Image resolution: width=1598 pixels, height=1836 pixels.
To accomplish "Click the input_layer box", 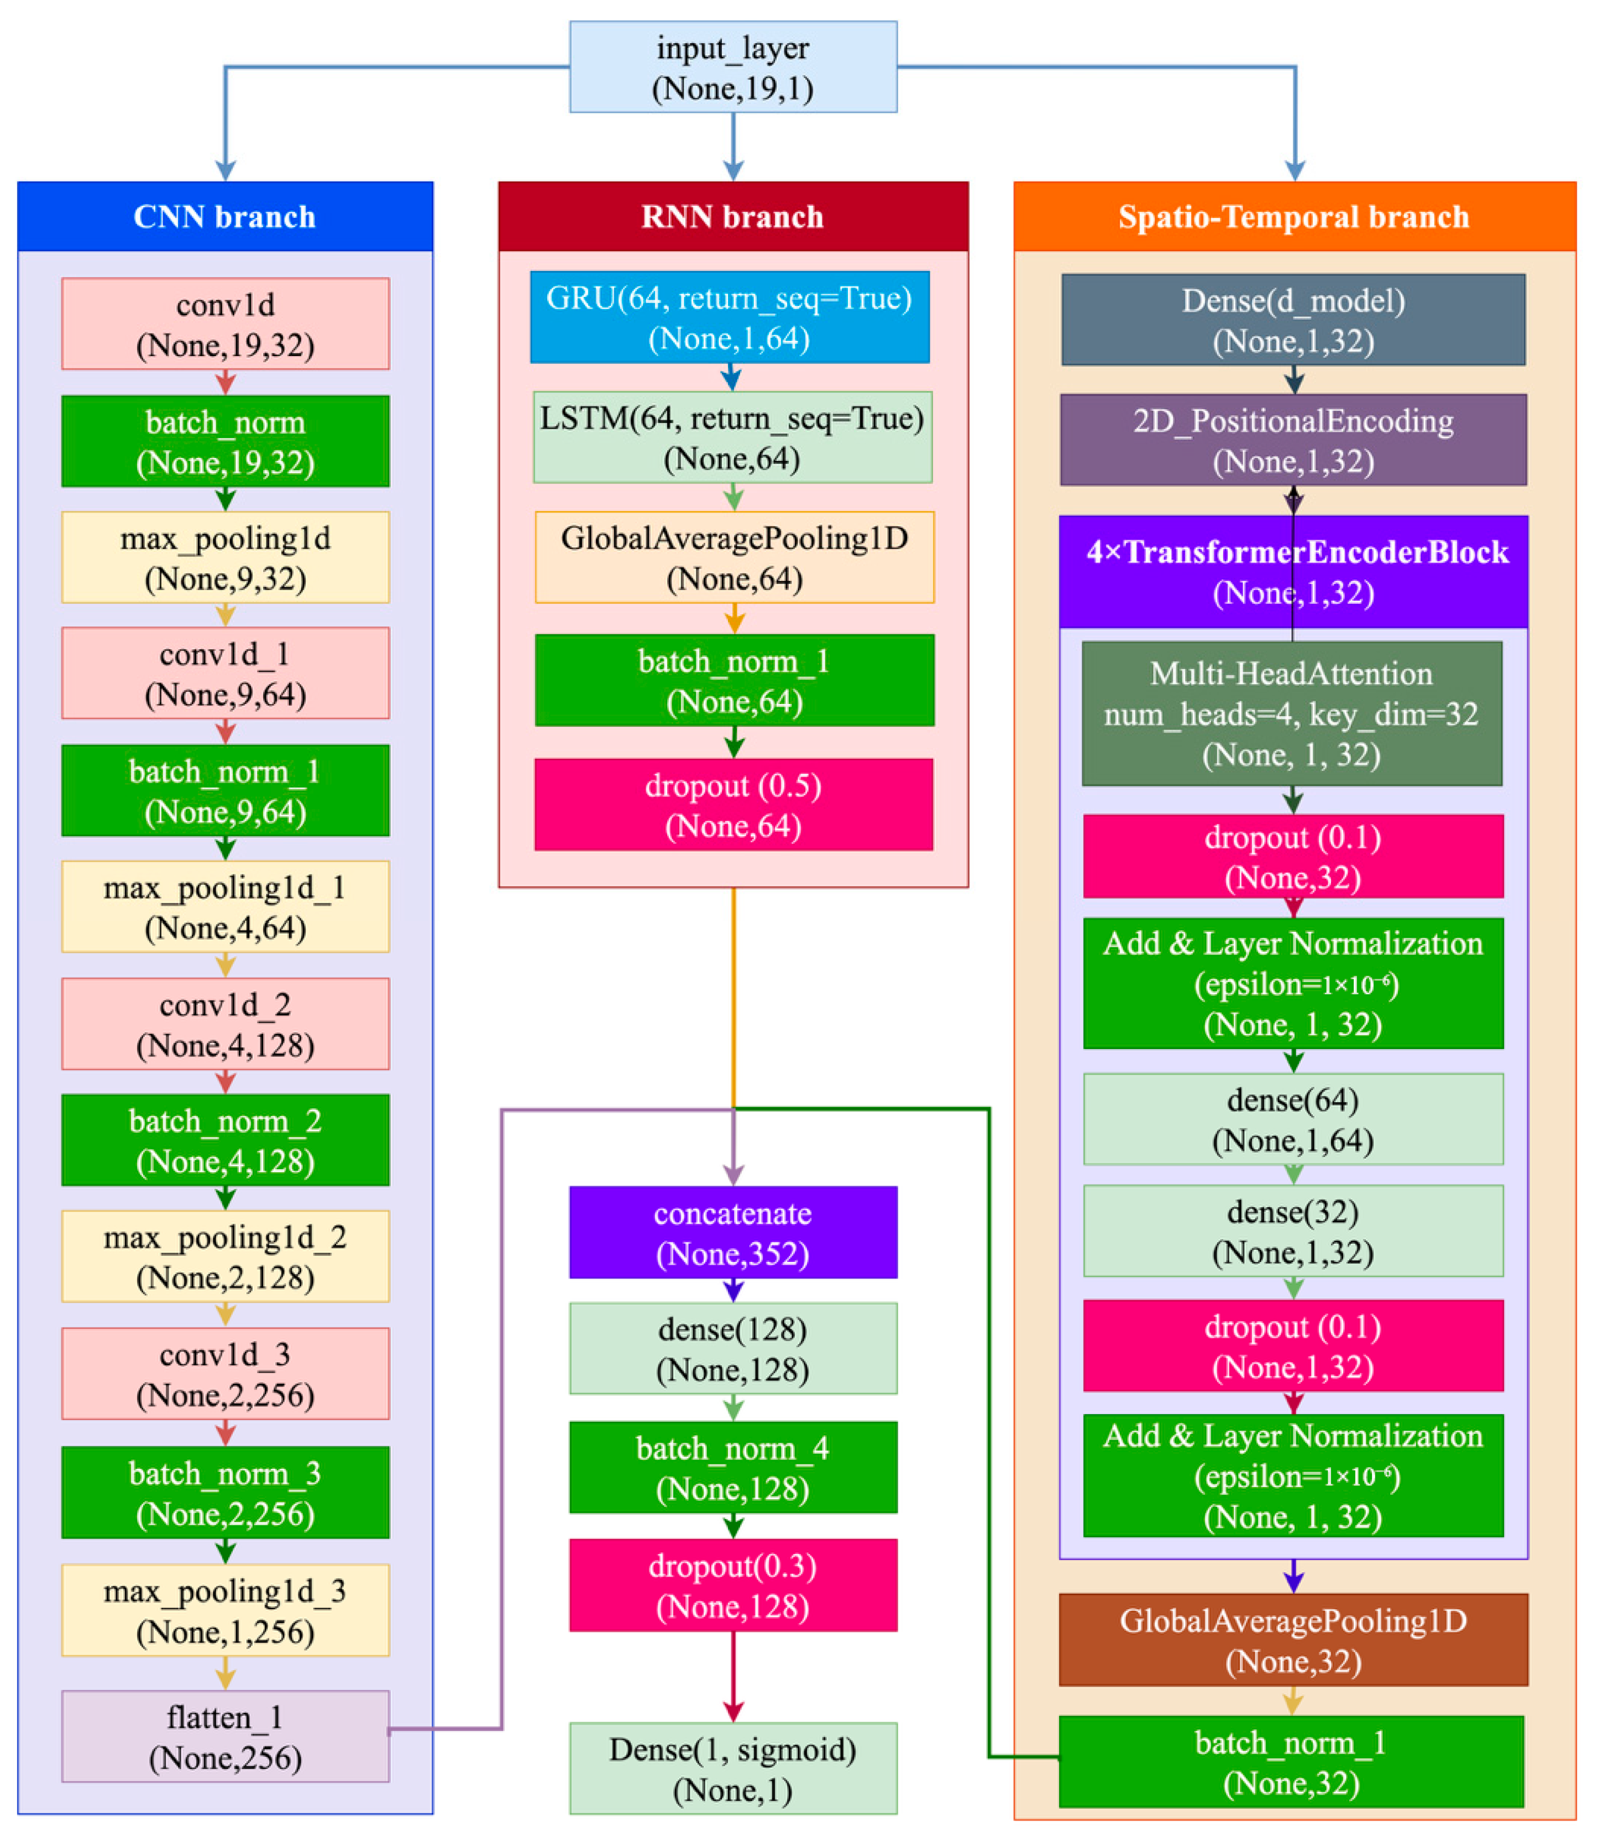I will pos(733,67).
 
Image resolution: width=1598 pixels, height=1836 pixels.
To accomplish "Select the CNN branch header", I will pos(225,217).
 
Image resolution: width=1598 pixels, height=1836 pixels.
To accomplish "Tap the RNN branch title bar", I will pos(733,217).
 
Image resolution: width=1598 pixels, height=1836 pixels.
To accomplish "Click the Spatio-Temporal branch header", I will pos(1294,217).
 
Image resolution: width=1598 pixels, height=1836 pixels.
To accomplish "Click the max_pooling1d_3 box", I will pos(225,1610).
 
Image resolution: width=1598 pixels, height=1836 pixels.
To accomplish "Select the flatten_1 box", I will pos(225,1736).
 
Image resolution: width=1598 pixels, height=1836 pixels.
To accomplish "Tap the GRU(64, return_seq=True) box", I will pos(730,317).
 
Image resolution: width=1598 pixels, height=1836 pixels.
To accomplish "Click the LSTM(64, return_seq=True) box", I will pos(732,437).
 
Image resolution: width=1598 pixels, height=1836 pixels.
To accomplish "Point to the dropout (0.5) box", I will pos(733,805).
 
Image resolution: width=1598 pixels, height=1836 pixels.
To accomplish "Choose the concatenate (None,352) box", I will pos(733,1232).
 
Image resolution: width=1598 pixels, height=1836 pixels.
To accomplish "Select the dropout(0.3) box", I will pos(733,1585).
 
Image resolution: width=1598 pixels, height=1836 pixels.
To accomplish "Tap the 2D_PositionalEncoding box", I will pos(1293,440).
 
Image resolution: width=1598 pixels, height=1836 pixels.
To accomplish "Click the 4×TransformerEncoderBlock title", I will pos(1293,571).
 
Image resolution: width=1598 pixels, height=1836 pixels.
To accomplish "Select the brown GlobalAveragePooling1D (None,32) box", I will pos(1293,1640).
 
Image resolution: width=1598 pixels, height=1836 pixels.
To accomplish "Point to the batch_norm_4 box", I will pos(733,1468).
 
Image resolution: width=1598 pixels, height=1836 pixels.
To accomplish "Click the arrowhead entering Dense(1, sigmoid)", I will pos(733,1710).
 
